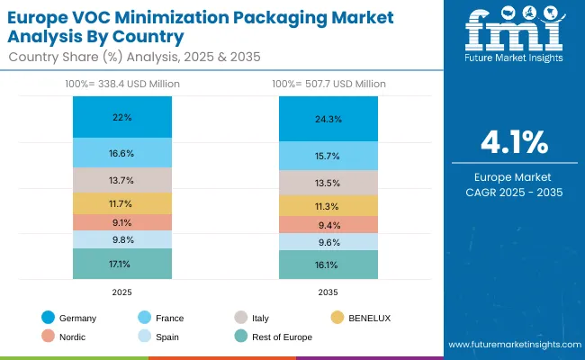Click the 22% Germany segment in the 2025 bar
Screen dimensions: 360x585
coord(121,118)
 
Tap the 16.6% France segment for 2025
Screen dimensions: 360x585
coord(121,153)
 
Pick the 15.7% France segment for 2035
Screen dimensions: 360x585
coord(328,156)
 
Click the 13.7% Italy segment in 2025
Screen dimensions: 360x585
coord(121,180)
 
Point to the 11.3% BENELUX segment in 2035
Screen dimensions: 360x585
coord(328,205)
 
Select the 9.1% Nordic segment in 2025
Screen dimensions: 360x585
coord(121,222)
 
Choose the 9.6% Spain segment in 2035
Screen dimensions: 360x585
coord(328,242)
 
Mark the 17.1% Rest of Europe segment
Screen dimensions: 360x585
coord(121,264)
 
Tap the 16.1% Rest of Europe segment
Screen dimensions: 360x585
coord(328,265)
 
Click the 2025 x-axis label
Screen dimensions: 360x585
coord(121,292)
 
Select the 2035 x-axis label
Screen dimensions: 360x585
coord(328,292)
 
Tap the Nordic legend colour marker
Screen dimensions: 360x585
coord(48,337)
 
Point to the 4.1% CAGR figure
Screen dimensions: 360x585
coord(515,143)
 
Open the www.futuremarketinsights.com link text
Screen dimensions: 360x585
coord(510,345)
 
